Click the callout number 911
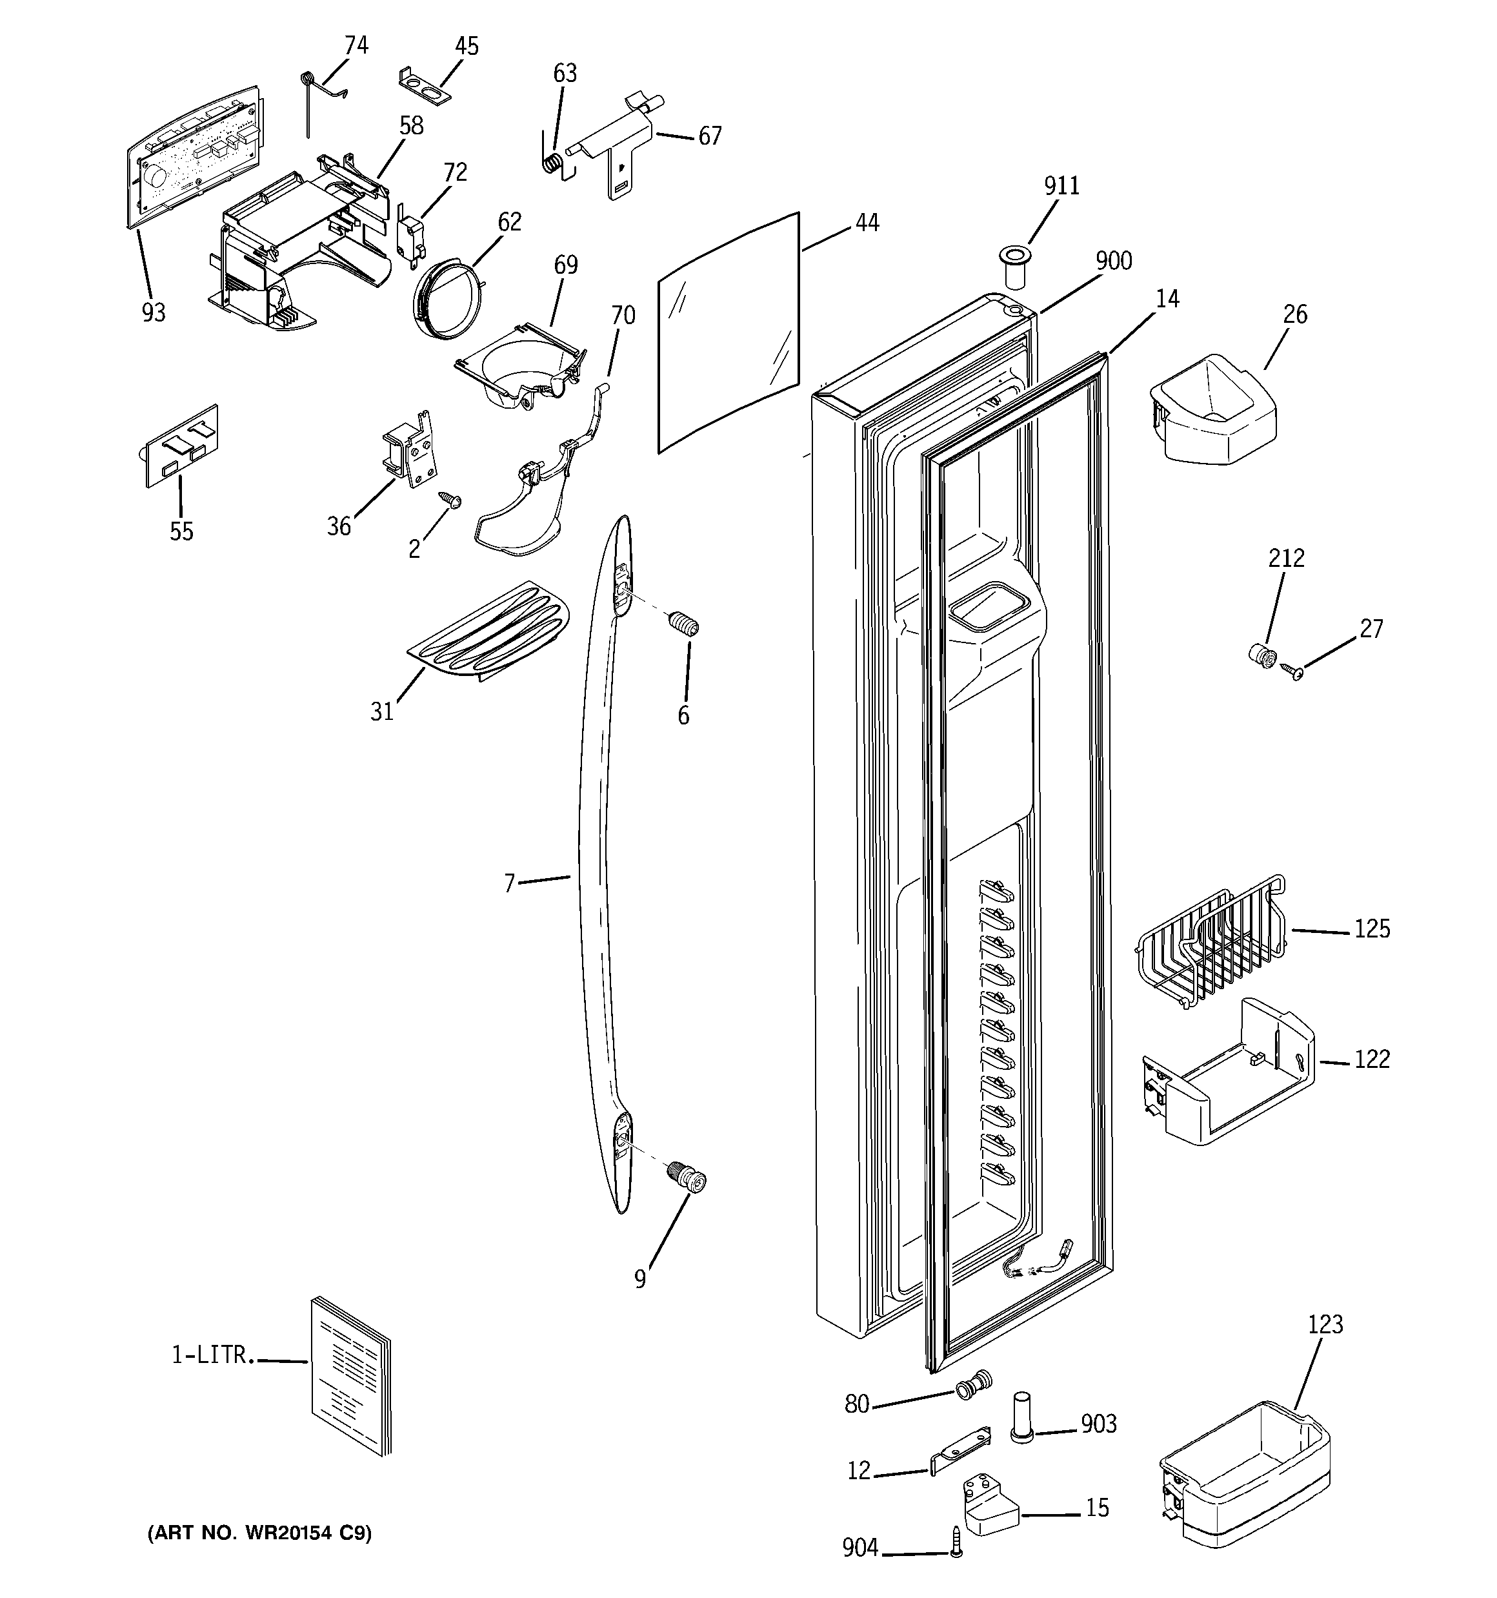pos(1061,186)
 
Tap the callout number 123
pos(1324,1324)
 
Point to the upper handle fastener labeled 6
pos(685,624)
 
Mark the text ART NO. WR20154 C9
pos(259,1533)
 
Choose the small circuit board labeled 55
pos(181,446)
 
